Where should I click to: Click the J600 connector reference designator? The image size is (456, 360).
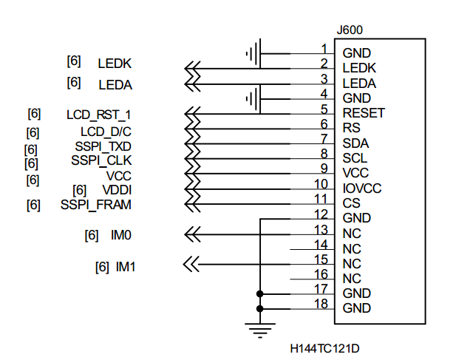pos(350,30)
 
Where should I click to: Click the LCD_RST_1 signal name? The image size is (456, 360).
pos(98,115)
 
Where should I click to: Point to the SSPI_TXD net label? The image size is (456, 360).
pos(103,146)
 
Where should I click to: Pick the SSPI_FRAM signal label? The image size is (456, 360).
pos(96,205)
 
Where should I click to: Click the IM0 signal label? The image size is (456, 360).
pos(122,235)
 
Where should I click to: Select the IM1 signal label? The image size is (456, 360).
pos(126,266)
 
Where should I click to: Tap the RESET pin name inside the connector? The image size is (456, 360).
pos(364,113)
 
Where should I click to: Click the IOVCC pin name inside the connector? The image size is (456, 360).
pos(362,188)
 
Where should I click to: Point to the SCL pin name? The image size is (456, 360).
pos(355,158)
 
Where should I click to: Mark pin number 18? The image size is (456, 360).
pos(321,303)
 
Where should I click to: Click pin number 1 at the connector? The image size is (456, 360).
pos(324,49)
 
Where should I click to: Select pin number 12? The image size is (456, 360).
pos(321,213)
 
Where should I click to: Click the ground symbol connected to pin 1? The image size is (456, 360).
pos(252,53)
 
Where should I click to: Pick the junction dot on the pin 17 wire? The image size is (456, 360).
pos(259,293)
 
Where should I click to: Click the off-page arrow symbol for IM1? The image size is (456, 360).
pos(191,263)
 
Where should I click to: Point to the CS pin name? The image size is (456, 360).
pos(351,203)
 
